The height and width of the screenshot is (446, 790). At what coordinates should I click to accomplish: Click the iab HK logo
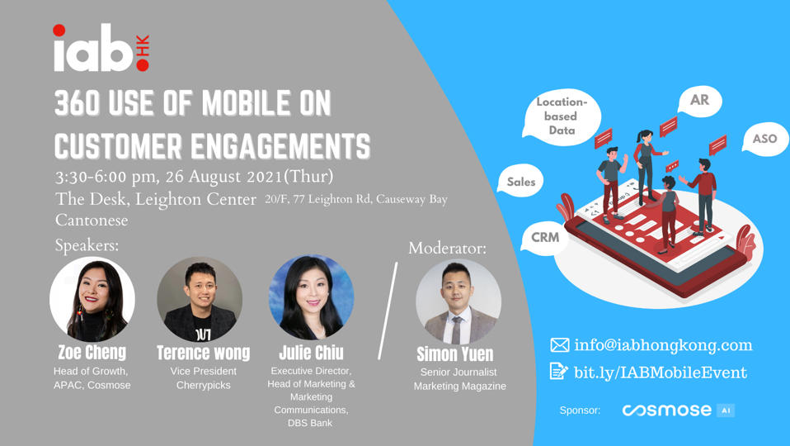click(x=101, y=48)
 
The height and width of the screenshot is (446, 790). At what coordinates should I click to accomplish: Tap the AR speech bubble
click(x=700, y=101)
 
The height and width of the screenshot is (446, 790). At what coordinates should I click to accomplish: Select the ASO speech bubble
click(x=764, y=139)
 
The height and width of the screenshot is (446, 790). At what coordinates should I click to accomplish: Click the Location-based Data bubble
click(x=562, y=116)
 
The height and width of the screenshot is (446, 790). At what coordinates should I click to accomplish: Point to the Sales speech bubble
click(x=520, y=181)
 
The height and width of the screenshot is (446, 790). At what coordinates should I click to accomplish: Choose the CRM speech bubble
click(x=545, y=238)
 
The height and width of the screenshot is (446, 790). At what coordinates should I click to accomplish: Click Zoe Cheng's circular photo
click(x=92, y=299)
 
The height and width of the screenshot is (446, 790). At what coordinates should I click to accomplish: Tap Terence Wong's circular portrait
click(x=200, y=299)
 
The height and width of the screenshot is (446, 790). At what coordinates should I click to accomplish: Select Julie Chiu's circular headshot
click(x=312, y=297)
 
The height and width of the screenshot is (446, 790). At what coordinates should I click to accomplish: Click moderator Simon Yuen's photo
click(x=458, y=301)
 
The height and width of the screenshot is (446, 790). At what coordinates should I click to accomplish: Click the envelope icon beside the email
click(x=560, y=345)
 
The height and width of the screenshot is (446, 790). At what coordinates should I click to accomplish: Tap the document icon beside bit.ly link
click(x=559, y=372)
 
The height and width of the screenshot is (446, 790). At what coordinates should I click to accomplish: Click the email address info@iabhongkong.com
click(x=663, y=345)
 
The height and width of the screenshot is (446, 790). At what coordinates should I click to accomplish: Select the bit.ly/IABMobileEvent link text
click(x=661, y=372)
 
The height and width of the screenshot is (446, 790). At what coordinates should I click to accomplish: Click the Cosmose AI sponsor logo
click(x=678, y=410)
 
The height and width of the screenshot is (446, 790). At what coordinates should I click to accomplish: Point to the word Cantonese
click(x=92, y=221)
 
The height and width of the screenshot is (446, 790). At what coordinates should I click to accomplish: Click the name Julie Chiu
click(x=312, y=353)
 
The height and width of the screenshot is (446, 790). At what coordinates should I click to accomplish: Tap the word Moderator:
click(x=448, y=248)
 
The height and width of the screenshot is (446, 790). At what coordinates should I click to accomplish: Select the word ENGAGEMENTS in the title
click(x=280, y=146)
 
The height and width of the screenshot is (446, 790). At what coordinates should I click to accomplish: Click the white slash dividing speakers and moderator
click(x=388, y=311)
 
